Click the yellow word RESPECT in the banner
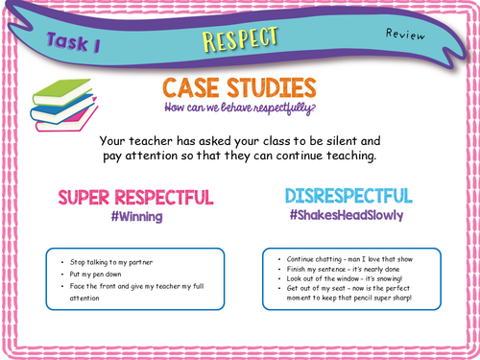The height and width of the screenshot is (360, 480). click(x=240, y=38)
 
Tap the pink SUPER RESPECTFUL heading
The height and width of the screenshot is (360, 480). click(x=135, y=198)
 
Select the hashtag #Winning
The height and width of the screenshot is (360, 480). click(x=135, y=218)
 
